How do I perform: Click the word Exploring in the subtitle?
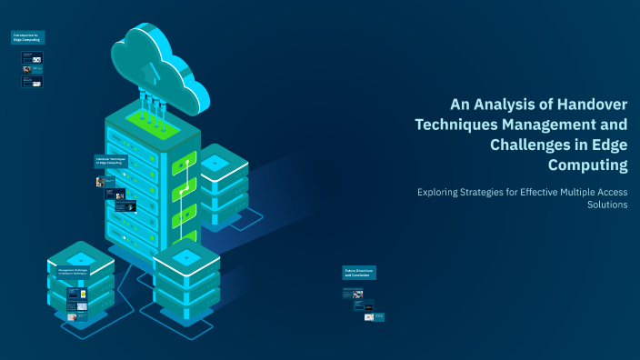439,192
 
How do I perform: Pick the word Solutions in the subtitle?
607,205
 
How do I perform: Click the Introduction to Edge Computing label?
28,37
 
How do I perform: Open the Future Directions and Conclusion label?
358,272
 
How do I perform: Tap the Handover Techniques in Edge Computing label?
111,160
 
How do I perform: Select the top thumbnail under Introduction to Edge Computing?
33,56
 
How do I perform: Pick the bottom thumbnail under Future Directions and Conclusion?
375,317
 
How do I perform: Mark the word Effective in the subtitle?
542,192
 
